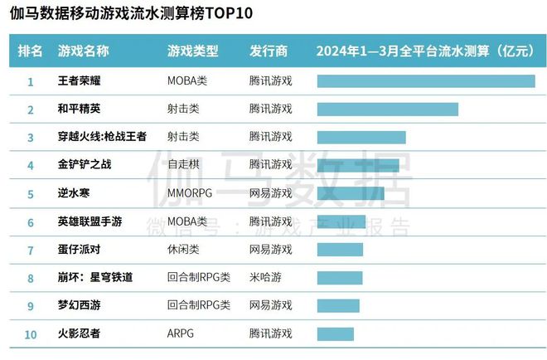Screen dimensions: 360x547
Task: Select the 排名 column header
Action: pos(31,51)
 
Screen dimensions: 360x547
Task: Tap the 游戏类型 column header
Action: pos(192,51)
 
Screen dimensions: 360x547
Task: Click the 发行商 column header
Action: pos(269,51)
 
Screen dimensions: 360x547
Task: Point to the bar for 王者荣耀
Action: pos(426,81)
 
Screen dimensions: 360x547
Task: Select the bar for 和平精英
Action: pos(387,109)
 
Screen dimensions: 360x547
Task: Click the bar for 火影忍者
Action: pos(335,334)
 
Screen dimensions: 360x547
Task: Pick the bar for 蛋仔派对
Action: pos(340,250)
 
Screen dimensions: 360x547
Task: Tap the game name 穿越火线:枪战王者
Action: pos(102,137)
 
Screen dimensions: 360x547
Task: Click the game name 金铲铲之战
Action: pos(85,165)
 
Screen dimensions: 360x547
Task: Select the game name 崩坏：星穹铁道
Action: pos(95,278)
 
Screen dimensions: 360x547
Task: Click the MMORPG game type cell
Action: pos(190,193)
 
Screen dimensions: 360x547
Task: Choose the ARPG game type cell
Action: pos(181,334)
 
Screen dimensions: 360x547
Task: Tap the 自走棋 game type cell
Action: pos(182,165)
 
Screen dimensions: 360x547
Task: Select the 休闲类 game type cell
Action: pos(182,250)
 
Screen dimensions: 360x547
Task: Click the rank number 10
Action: pos(31,334)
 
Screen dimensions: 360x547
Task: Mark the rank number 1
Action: pos(31,81)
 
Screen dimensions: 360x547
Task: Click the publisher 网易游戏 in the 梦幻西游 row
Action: pos(270,306)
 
